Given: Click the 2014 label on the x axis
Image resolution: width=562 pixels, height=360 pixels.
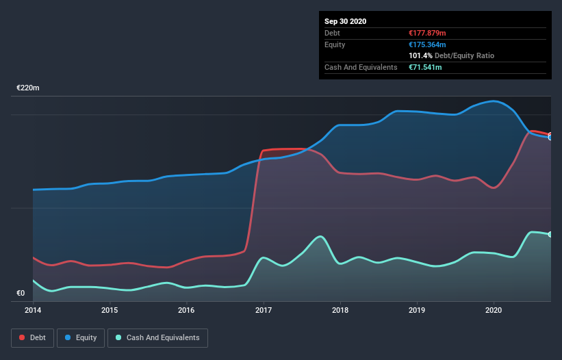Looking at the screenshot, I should coord(33,310).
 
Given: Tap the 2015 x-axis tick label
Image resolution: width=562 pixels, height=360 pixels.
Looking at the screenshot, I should coord(110,310).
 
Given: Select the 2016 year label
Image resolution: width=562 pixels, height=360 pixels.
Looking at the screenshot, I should coord(186,310).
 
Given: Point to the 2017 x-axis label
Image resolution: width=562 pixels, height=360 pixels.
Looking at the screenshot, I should coord(264,310).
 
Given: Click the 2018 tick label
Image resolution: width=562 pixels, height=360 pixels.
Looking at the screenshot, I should coord(340,310).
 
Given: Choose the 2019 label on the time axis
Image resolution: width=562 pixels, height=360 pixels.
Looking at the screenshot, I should coord(417,310).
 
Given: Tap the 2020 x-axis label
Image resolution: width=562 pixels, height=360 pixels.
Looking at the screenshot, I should coord(494,310).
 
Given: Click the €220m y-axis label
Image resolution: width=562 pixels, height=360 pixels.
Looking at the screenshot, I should coord(28,88).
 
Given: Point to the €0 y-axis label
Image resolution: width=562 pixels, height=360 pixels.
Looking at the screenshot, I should coord(21,294).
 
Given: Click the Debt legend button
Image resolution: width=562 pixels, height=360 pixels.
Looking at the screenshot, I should coord(31,338).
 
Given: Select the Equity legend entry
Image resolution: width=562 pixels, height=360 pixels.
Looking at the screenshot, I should coord(81,338).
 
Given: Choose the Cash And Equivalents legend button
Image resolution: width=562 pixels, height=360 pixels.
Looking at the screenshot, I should coord(157,338).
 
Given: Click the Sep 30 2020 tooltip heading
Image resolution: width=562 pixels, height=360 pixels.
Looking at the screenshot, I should coord(345,21).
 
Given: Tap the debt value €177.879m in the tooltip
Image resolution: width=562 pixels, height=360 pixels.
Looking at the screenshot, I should coord(427,33).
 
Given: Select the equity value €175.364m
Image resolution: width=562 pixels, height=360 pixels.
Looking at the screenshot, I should coord(428,44).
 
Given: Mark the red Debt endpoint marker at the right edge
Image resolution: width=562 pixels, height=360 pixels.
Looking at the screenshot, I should coord(550,135).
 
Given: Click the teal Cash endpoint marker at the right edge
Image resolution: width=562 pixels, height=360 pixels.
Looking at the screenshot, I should coord(550,235).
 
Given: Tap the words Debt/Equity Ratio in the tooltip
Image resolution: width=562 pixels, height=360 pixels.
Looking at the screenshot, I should coord(465,55).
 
